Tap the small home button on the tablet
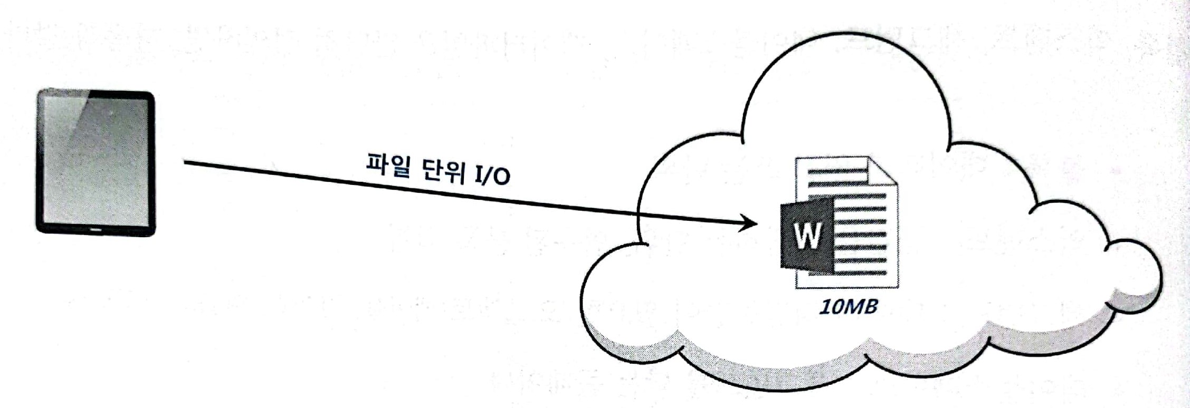[x=96, y=230]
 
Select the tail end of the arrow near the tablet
[x=188, y=163]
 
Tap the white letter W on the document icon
[x=807, y=236]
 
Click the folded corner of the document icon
[x=886, y=171]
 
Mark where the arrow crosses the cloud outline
[x=639, y=213]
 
